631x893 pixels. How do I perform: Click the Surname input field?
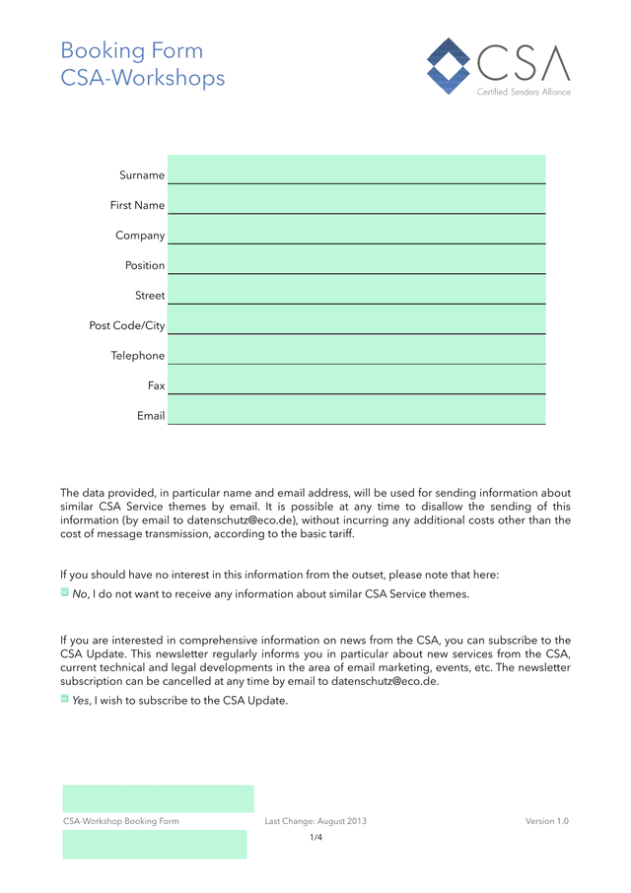click(x=356, y=170)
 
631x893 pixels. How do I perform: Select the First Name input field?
click(x=356, y=200)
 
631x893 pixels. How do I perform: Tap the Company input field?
click(x=356, y=230)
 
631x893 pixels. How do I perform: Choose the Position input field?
click(x=356, y=260)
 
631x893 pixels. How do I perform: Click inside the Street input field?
click(x=356, y=290)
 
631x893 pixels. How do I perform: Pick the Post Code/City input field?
click(x=356, y=320)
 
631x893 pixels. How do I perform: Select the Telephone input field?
click(x=356, y=350)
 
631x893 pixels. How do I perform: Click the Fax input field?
click(x=356, y=380)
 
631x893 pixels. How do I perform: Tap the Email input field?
click(x=356, y=410)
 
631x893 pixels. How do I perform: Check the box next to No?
click(x=65, y=593)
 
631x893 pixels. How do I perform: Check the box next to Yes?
click(x=65, y=700)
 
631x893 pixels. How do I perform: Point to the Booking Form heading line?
click(x=132, y=51)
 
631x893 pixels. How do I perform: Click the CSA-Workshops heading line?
click(x=143, y=79)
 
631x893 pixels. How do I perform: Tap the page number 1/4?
click(x=315, y=838)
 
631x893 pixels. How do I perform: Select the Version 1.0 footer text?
click(x=547, y=821)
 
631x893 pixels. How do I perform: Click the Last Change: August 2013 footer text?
click(x=315, y=821)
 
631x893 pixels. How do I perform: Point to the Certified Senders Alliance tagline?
click(x=524, y=92)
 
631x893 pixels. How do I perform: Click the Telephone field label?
click(x=138, y=356)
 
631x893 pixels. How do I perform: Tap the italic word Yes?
click(x=81, y=701)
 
